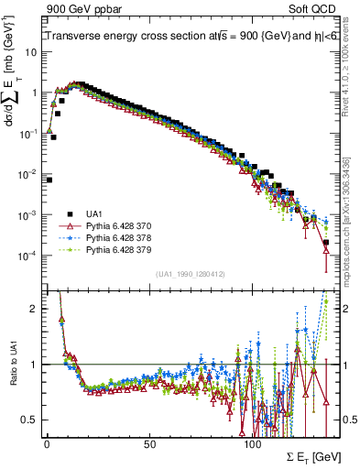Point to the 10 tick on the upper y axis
[31, 52]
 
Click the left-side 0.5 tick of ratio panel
[31, 420]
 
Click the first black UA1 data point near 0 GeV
[49, 180]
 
